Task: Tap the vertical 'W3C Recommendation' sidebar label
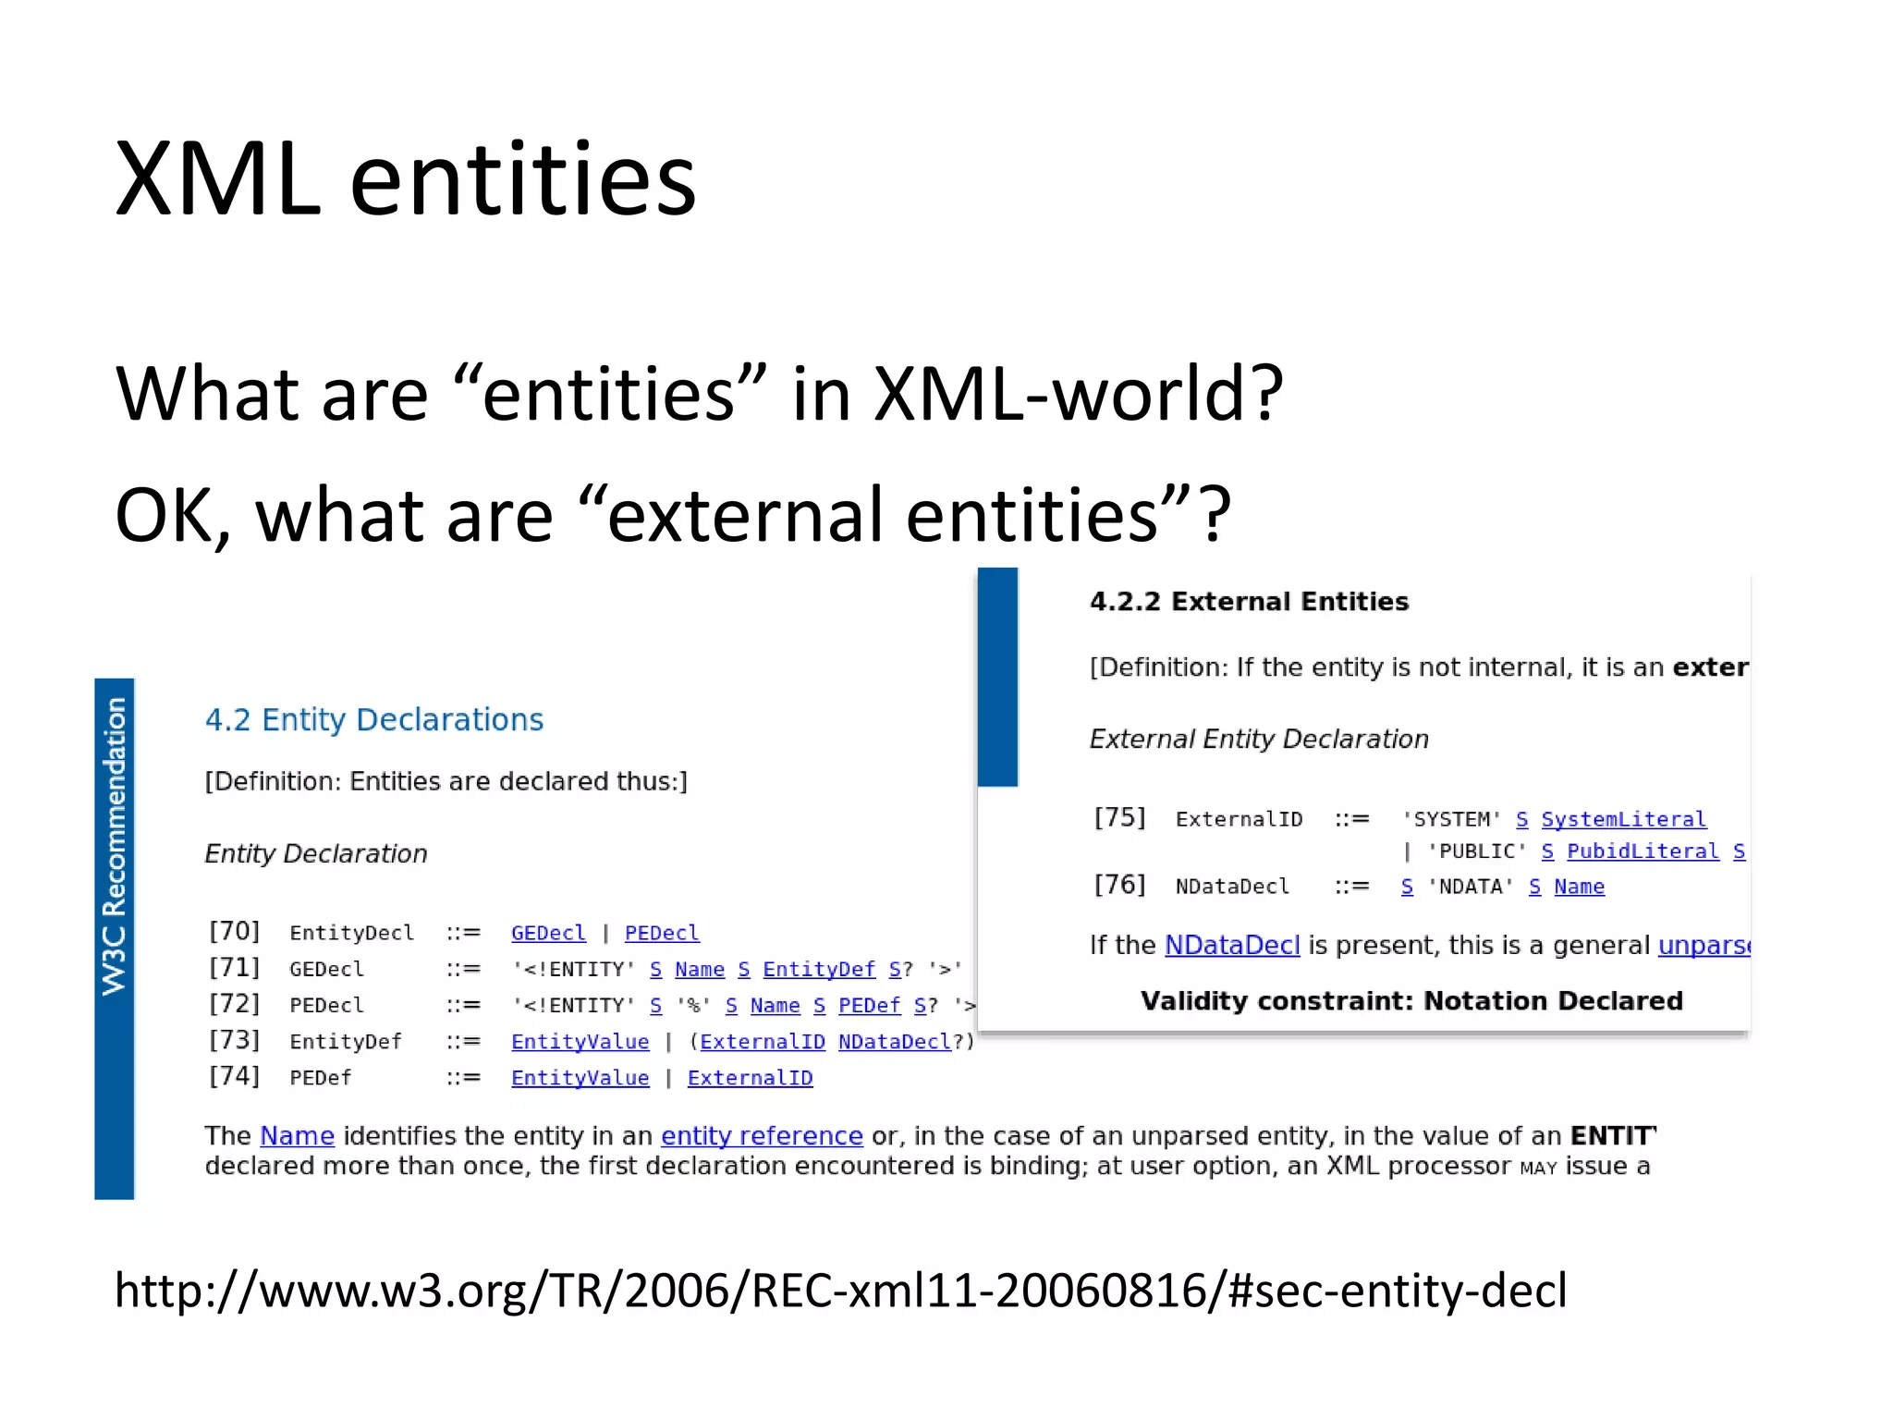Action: click(x=114, y=846)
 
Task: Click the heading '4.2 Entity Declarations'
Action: click(x=373, y=719)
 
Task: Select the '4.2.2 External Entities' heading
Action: click(x=1249, y=602)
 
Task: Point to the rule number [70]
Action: click(x=234, y=931)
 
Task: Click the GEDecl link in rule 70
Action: click(x=548, y=933)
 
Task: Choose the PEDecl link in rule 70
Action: click(x=662, y=933)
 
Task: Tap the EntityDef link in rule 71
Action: click(x=818, y=969)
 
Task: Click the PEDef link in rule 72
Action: click(x=869, y=1005)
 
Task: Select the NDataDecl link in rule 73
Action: click(x=894, y=1042)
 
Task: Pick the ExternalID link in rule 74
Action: click(x=750, y=1078)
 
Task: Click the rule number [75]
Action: click(x=1118, y=817)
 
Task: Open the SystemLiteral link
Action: click(x=1623, y=819)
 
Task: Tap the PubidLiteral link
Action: click(x=1643, y=851)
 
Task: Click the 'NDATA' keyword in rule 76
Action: click(x=1470, y=887)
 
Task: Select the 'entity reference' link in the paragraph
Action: click(x=762, y=1135)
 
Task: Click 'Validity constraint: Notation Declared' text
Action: click(x=1411, y=1001)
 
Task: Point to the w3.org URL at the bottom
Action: click(x=840, y=1290)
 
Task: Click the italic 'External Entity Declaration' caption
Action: click(x=1259, y=739)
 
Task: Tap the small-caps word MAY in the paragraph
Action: click(x=1538, y=1168)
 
